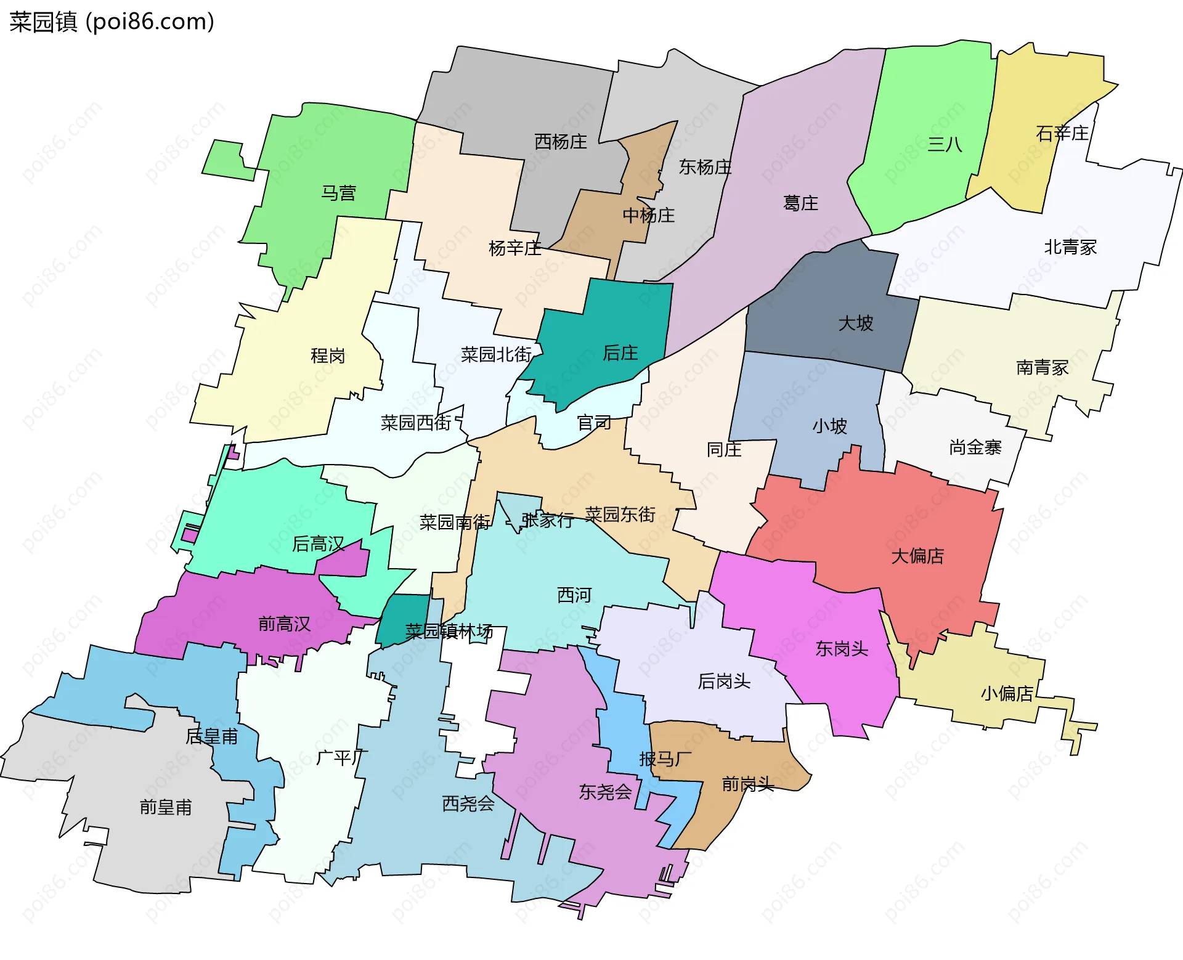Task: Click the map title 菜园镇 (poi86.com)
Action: point(112,22)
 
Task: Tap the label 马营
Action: point(338,193)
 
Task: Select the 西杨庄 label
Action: point(561,142)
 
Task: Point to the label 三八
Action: point(945,144)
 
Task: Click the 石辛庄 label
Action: point(1062,133)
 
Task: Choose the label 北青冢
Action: point(1070,247)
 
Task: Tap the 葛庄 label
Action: point(800,203)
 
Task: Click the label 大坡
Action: point(855,323)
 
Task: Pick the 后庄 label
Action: point(620,353)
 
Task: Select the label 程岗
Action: point(328,356)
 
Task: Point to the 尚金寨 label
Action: point(975,447)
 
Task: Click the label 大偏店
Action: point(917,556)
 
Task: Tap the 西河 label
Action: point(574,595)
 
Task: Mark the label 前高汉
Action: point(284,624)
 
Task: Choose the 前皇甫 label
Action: point(166,807)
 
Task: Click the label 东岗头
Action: point(842,648)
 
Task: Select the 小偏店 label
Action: point(1007,693)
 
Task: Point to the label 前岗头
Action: point(747,784)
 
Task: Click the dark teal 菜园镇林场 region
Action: point(400,613)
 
